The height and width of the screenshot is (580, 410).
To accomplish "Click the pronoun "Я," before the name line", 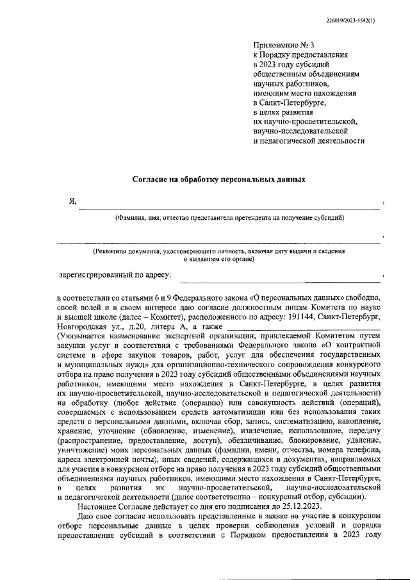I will (73, 201).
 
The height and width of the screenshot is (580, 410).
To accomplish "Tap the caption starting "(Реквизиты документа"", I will (221, 252).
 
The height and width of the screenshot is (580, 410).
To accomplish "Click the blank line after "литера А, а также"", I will (304, 329).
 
